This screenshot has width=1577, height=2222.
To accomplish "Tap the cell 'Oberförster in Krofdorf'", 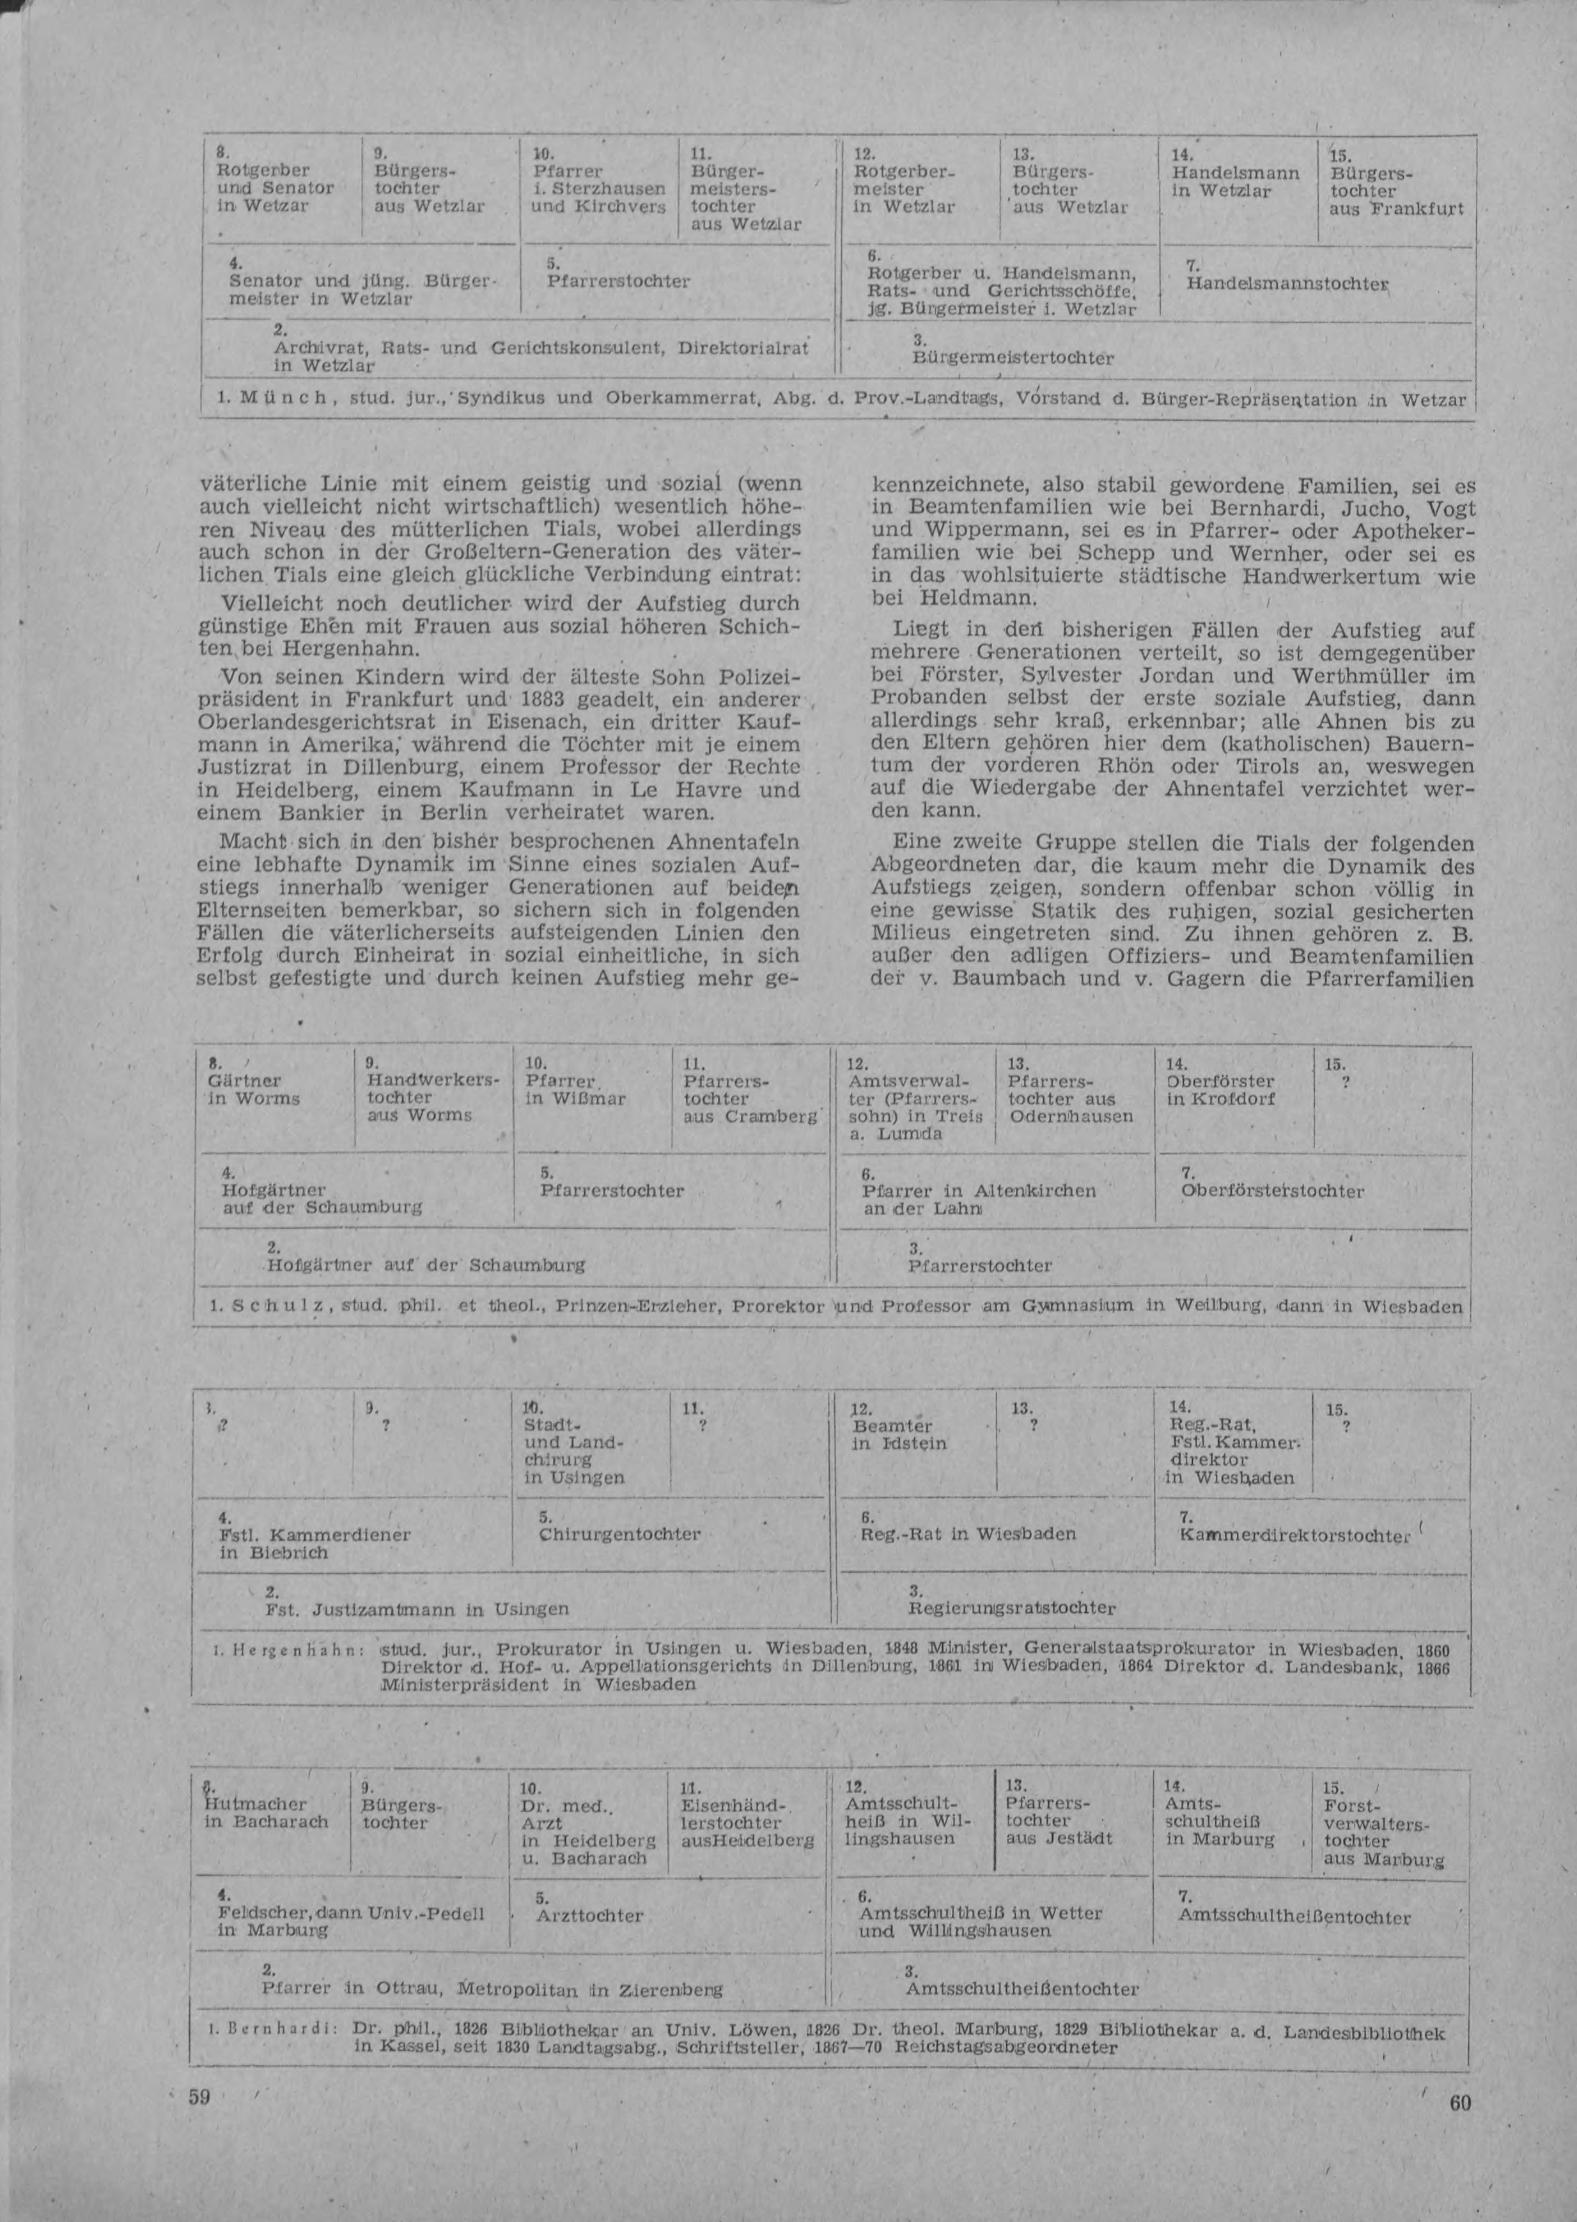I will tap(1220, 1090).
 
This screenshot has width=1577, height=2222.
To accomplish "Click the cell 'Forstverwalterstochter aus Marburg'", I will tap(1383, 1831).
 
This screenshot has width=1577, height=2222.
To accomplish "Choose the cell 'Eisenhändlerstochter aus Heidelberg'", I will tap(746, 1823).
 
